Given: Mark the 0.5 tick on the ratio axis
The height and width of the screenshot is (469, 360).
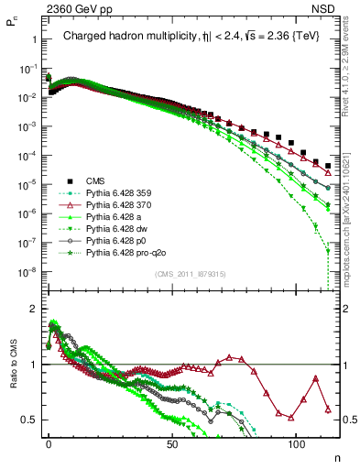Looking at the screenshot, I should tap(28, 420).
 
